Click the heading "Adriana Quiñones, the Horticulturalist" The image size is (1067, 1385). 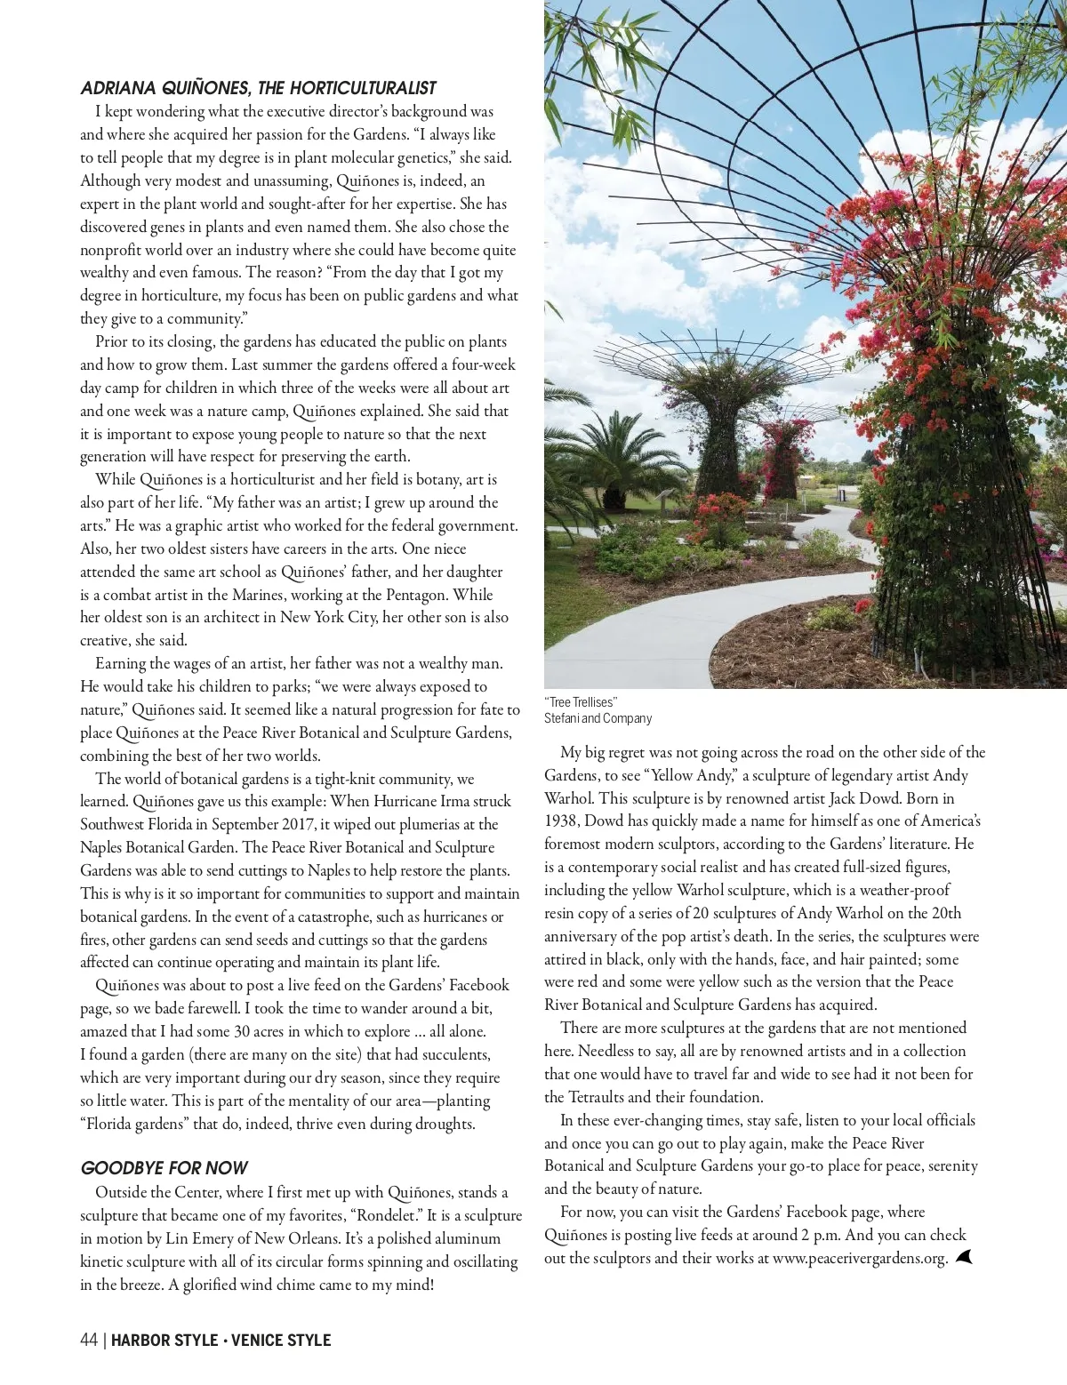tap(258, 88)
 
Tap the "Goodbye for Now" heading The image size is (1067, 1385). tap(164, 1168)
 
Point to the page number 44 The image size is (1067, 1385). tap(88, 1341)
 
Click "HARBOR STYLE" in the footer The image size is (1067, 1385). tap(164, 1341)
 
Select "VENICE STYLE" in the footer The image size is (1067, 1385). tap(281, 1341)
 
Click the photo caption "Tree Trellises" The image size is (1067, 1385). tap(581, 702)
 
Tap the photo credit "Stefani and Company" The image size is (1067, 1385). tap(598, 718)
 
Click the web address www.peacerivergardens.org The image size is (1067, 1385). tap(859, 1258)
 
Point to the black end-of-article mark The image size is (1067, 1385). tap(965, 1257)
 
